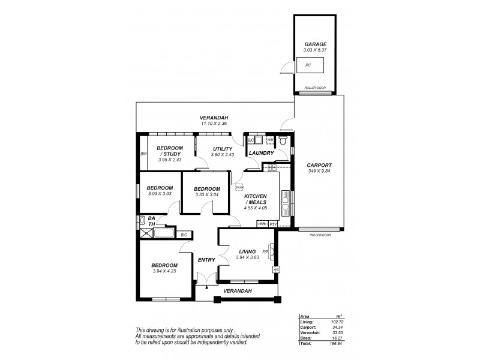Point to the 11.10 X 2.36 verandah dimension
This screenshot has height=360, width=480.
[214, 123]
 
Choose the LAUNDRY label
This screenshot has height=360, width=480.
[262, 153]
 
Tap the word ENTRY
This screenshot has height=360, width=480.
[206, 259]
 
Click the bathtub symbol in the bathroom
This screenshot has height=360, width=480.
[165, 233]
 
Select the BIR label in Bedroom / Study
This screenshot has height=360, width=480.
[143, 154]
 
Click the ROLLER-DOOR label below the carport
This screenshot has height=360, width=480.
[321, 235]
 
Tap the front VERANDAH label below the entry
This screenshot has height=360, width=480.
[237, 291]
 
